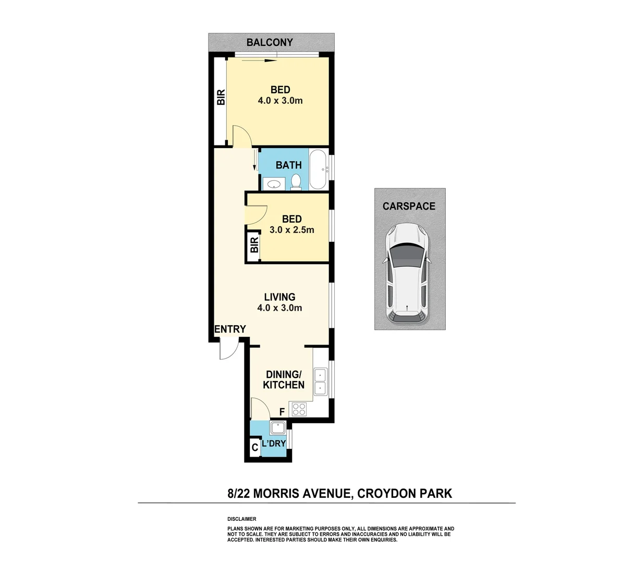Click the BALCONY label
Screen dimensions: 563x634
[x=270, y=42]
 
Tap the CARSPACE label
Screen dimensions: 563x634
[x=409, y=206]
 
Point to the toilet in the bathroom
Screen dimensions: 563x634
[x=296, y=181]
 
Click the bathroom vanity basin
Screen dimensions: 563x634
[x=273, y=183]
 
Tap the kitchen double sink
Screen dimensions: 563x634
[x=320, y=382]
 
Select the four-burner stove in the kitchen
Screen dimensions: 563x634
[x=299, y=409]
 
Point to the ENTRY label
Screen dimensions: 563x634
[x=230, y=329]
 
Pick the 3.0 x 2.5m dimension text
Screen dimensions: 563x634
[x=292, y=230]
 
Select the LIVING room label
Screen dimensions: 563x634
[x=279, y=297]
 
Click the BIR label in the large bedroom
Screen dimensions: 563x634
[x=221, y=97]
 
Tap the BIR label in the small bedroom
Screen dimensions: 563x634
[x=254, y=244]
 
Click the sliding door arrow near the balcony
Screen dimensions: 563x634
[x=259, y=61]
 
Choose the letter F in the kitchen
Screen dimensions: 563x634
[x=282, y=412]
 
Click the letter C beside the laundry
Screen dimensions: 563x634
[x=254, y=447]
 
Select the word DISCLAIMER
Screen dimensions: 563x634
[x=242, y=519]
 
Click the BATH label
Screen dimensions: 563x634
[x=289, y=165]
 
